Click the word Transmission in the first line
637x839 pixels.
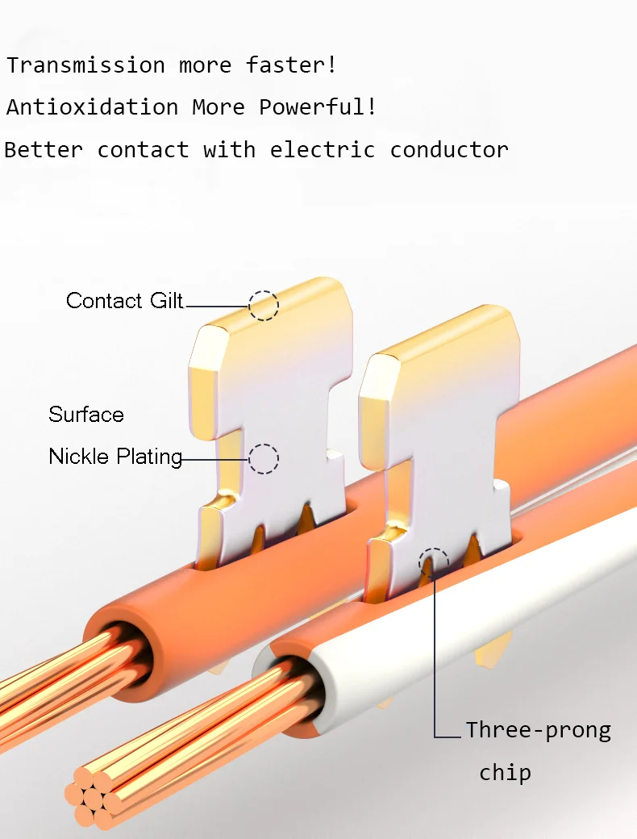pos(85,65)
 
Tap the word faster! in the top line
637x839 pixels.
pos(291,65)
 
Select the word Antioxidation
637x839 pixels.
pos(92,107)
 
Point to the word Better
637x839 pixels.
pos(44,150)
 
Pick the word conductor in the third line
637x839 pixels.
pos(449,150)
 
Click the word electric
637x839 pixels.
pos(323,150)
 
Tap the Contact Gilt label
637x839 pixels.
pos(124,301)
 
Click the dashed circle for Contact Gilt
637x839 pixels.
pos(263,306)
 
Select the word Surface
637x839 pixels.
pos(86,415)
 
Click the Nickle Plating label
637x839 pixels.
pos(115,457)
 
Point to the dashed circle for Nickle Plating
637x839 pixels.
pos(263,459)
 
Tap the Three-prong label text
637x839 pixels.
pos(538,731)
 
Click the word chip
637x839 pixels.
pos(505,773)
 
